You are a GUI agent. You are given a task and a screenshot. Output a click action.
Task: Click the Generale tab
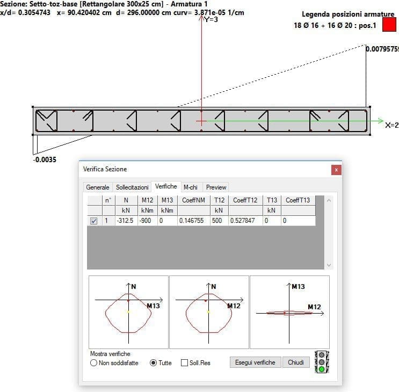click(98, 187)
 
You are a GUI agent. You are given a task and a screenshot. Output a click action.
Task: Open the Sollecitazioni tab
click(132, 187)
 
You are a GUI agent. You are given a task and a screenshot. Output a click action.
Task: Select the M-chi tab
click(191, 187)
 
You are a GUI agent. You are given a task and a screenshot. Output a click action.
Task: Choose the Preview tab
click(216, 187)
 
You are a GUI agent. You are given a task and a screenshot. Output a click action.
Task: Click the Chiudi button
click(296, 362)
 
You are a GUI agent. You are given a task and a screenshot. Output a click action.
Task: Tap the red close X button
click(336, 170)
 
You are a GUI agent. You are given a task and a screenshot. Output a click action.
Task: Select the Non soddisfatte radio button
click(93, 363)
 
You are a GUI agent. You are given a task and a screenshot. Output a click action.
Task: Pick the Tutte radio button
click(153, 363)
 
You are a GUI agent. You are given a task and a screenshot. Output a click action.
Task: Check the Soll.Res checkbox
click(184, 363)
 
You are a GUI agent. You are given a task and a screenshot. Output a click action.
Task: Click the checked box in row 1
click(93, 221)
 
